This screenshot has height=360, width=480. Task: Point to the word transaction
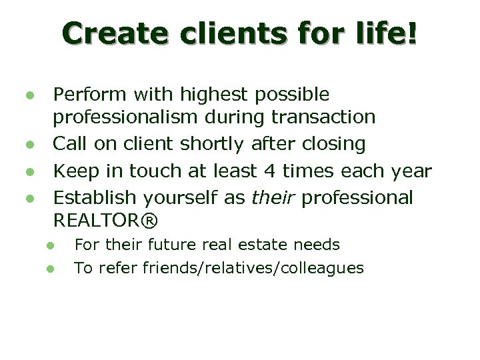point(324,117)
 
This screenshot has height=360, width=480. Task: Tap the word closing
point(331,144)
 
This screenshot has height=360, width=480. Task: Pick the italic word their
point(274,197)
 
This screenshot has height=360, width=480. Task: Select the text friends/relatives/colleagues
point(257,268)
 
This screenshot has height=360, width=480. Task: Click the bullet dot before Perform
point(29,95)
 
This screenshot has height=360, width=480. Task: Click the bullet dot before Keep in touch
point(29,171)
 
